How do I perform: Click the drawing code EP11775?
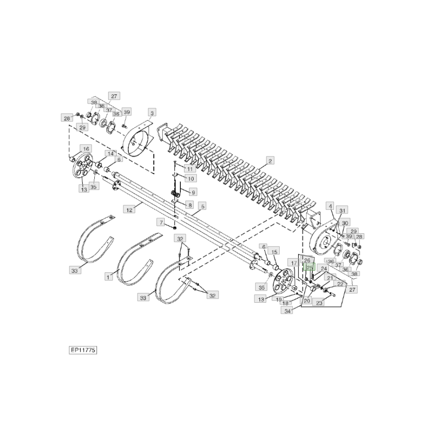(x=83, y=350)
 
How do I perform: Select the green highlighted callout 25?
(x=310, y=267)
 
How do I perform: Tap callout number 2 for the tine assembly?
(x=270, y=161)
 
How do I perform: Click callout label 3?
(x=152, y=112)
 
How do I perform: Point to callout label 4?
(x=330, y=205)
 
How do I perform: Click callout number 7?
(x=161, y=222)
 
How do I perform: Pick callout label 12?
(x=129, y=209)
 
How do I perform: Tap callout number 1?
(x=109, y=277)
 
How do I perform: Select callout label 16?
(x=86, y=148)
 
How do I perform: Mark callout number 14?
(x=110, y=153)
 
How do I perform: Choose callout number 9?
(x=192, y=192)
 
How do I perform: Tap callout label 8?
(x=190, y=205)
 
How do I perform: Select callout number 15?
(x=274, y=252)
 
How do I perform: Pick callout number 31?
(x=342, y=211)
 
